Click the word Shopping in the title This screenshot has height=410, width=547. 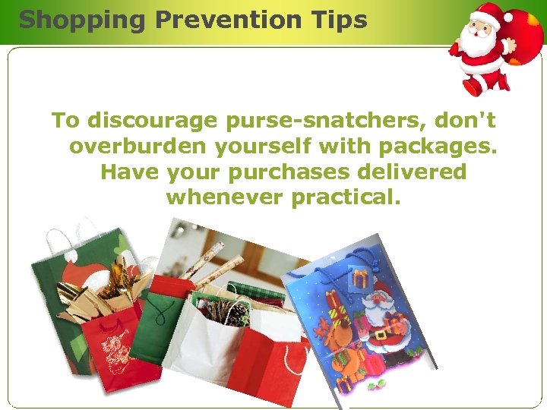(81, 20)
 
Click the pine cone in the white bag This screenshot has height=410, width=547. (228, 311)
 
